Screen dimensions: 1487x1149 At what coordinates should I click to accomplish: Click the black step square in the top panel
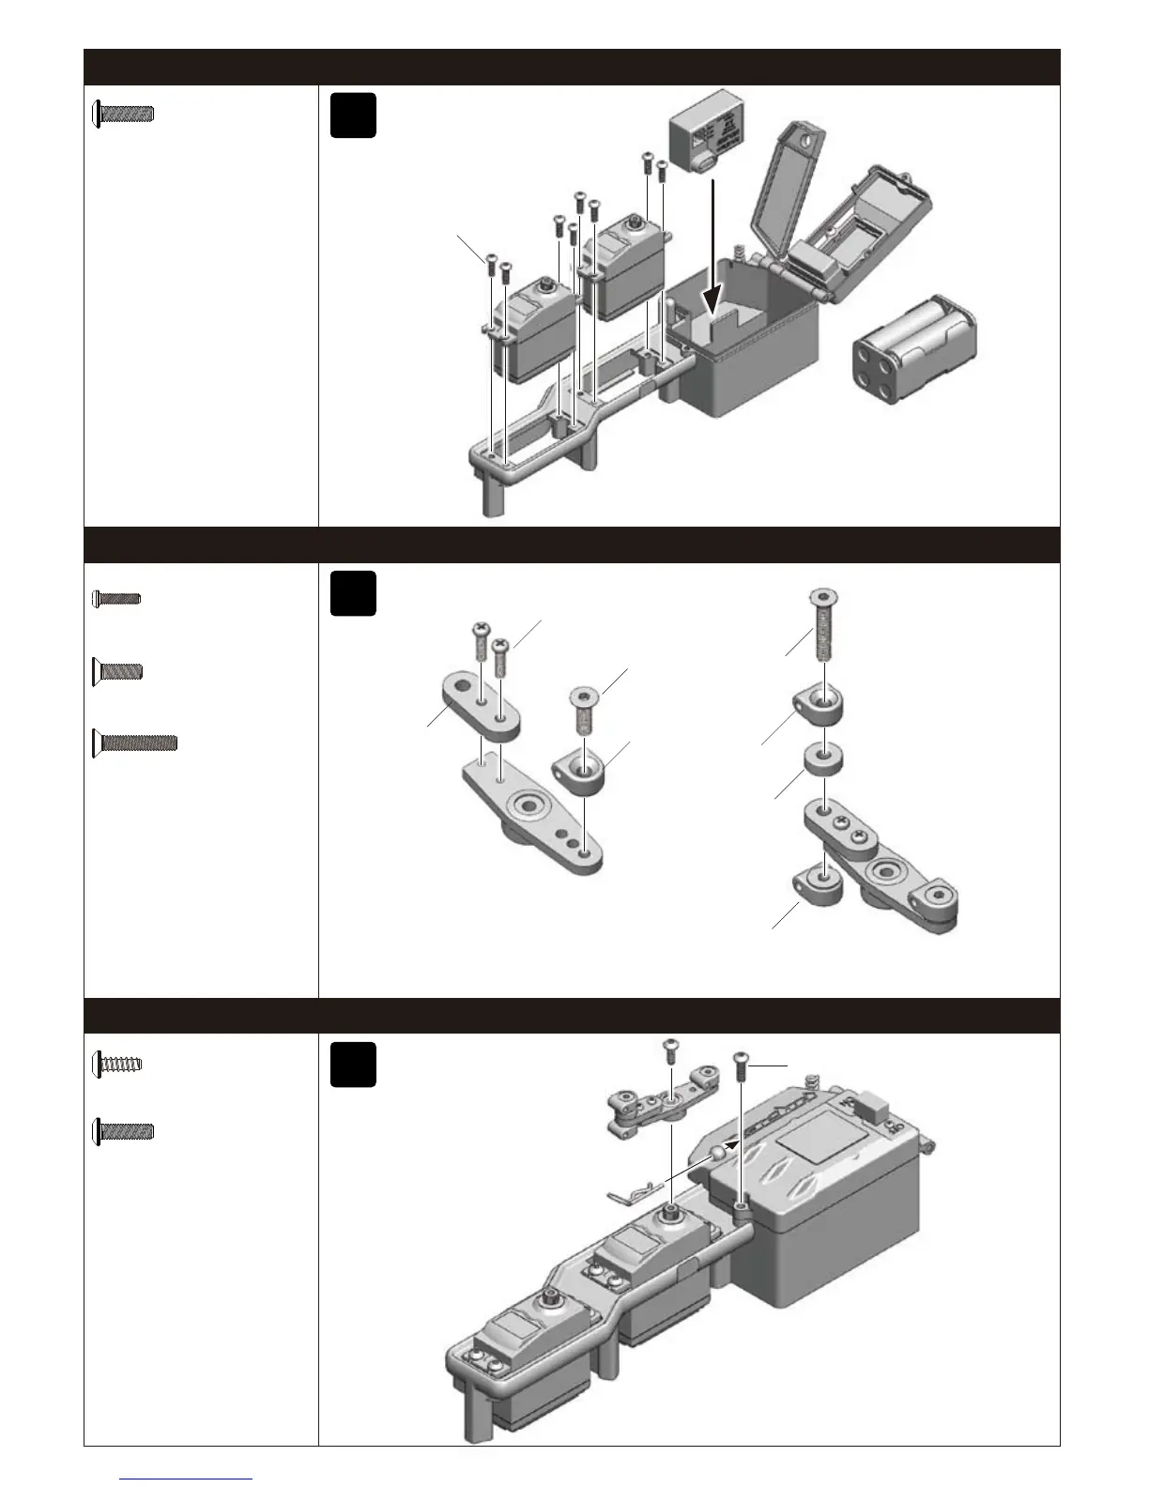[x=353, y=115]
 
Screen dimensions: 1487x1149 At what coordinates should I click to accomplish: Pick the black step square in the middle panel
[x=353, y=593]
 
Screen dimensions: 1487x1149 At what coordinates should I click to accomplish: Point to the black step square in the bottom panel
[x=353, y=1065]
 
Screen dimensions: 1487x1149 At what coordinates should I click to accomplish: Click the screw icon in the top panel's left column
[x=123, y=115]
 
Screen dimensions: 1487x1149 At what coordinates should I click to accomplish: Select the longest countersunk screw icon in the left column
[x=135, y=743]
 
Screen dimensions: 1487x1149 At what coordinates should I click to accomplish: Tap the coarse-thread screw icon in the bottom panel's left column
[x=118, y=1064]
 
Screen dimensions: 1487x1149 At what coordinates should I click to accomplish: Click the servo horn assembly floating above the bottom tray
[x=661, y=1108]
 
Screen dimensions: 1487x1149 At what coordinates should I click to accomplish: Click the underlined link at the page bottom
[x=186, y=1479]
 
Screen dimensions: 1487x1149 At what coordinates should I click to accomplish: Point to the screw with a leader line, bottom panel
[x=742, y=1067]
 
